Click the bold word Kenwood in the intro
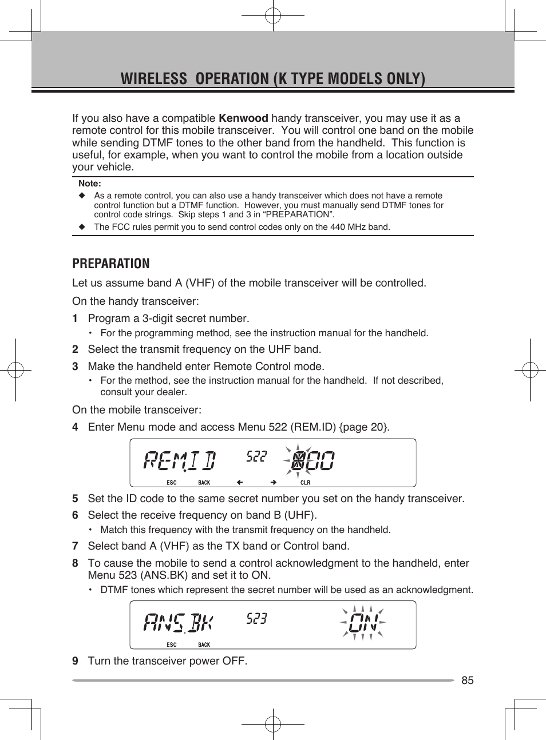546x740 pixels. point(243,118)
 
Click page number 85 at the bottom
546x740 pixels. point(468,680)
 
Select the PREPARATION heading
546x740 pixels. point(111,264)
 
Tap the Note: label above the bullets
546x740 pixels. point(90,184)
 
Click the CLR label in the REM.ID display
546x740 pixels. point(305,483)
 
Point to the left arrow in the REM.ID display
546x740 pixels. point(240,482)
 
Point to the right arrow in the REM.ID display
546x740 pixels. point(274,482)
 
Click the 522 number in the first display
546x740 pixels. point(256,456)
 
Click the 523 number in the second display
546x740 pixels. point(256,619)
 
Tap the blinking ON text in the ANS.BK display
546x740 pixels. point(363,623)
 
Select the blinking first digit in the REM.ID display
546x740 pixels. point(297,460)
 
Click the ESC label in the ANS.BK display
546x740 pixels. point(172,644)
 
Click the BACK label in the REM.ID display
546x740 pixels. point(204,483)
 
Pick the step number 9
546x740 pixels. point(75,661)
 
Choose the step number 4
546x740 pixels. point(75,427)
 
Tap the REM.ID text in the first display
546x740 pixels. point(180,460)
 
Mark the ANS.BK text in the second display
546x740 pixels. point(178,622)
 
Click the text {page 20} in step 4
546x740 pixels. point(363,427)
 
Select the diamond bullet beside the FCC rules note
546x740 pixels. point(81,227)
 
